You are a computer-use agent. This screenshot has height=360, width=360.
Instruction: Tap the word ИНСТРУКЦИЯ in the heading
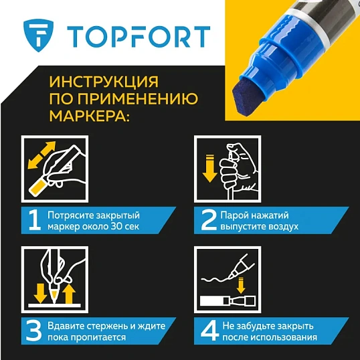coord(104,83)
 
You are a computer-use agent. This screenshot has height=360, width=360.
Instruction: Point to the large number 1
coord(31,221)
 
